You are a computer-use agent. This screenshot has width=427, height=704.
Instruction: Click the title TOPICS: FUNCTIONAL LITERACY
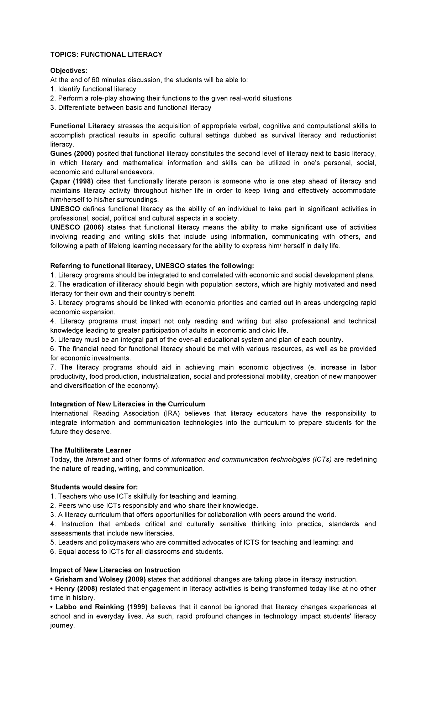click(106, 55)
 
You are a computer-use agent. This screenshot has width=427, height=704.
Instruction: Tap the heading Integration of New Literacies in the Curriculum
click(127, 404)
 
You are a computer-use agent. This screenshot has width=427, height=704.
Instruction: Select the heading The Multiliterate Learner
click(91, 450)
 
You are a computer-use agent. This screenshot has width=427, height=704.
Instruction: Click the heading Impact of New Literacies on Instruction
click(115, 570)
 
